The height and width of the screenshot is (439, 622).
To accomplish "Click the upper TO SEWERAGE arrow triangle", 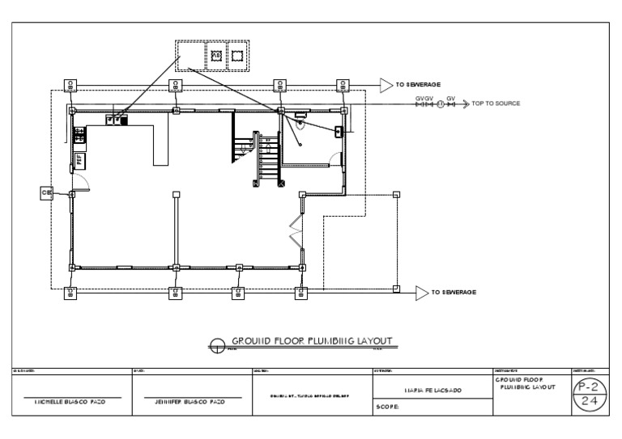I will (x=386, y=84).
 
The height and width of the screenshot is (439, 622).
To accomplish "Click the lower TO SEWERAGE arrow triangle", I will (x=421, y=292).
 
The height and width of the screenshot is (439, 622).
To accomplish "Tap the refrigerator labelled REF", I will (x=80, y=160).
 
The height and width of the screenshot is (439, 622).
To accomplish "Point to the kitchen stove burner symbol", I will (x=80, y=135).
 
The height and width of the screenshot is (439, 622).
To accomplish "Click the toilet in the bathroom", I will (x=300, y=124).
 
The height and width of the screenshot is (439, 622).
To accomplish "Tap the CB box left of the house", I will (x=47, y=192).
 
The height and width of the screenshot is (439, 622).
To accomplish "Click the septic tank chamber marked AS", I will (x=216, y=55).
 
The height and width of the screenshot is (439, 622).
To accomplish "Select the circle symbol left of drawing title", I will (x=217, y=345).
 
